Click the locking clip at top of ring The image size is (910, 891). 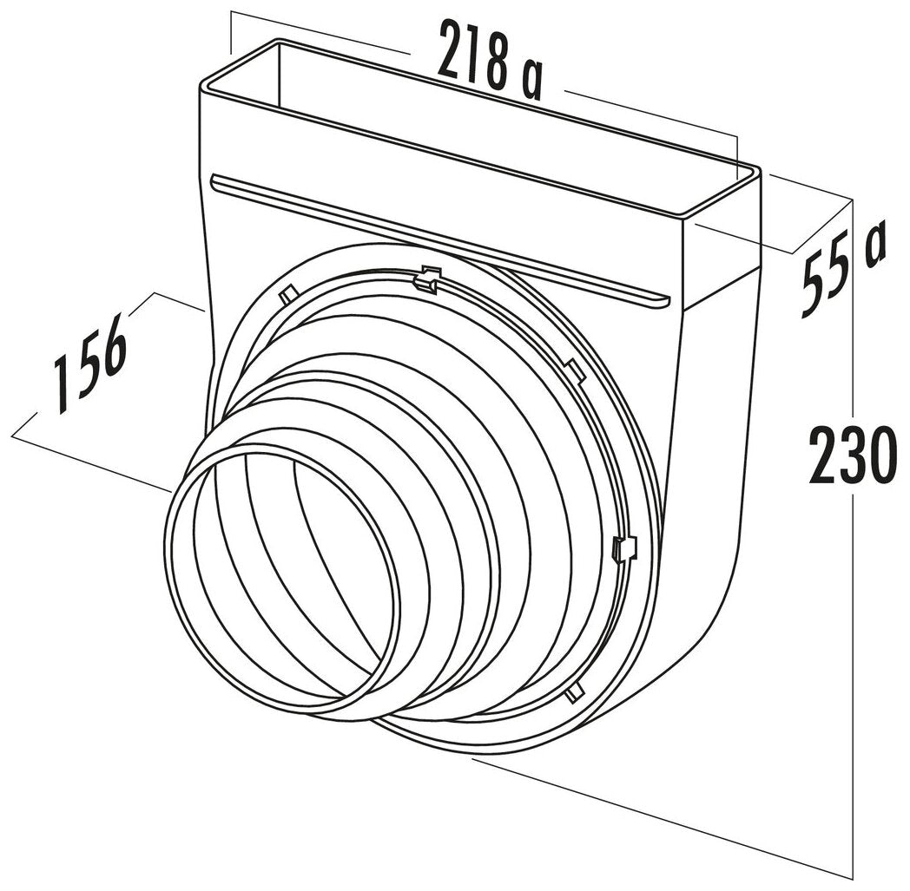[426, 278]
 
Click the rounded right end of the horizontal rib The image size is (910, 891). [663, 300]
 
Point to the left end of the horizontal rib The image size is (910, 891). [215, 180]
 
